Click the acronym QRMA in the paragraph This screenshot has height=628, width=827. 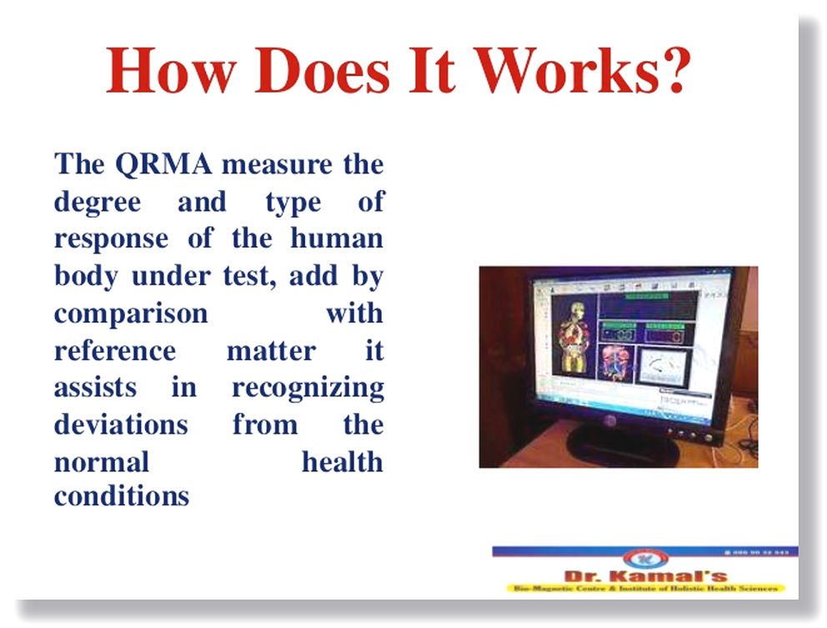(x=163, y=163)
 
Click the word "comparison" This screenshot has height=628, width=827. (x=131, y=314)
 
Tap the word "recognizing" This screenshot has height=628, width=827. (x=308, y=388)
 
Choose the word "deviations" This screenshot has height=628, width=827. (x=121, y=425)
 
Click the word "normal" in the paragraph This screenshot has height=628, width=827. (x=102, y=461)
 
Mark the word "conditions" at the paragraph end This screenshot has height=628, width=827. (x=122, y=497)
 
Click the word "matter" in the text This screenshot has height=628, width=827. (x=271, y=350)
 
